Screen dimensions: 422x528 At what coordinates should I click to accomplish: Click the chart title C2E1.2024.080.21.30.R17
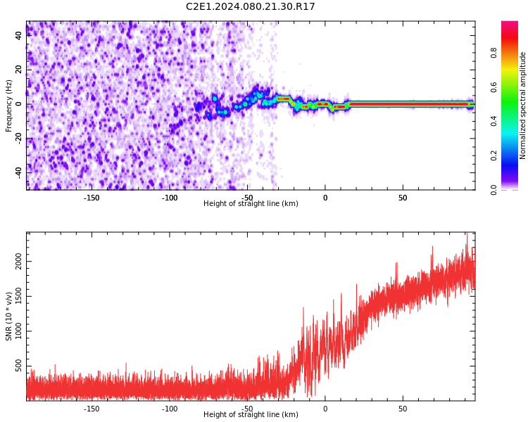[251, 7]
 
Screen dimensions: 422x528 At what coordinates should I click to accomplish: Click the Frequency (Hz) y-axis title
[9, 105]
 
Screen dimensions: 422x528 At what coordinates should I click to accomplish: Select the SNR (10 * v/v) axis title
[9, 316]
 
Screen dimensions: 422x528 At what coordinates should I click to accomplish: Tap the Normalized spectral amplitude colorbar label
[523, 105]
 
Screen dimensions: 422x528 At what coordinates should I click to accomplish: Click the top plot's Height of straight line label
[251, 204]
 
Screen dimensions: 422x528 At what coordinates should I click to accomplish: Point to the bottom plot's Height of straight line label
[251, 415]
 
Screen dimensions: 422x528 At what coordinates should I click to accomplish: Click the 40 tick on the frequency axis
[19, 36]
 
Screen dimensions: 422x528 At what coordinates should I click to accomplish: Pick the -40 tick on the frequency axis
[18, 172]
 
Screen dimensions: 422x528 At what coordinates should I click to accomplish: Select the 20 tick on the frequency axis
[19, 70]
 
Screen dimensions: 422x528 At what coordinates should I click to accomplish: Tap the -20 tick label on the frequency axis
[18, 138]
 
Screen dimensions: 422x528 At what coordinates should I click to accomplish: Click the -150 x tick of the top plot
[92, 198]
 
